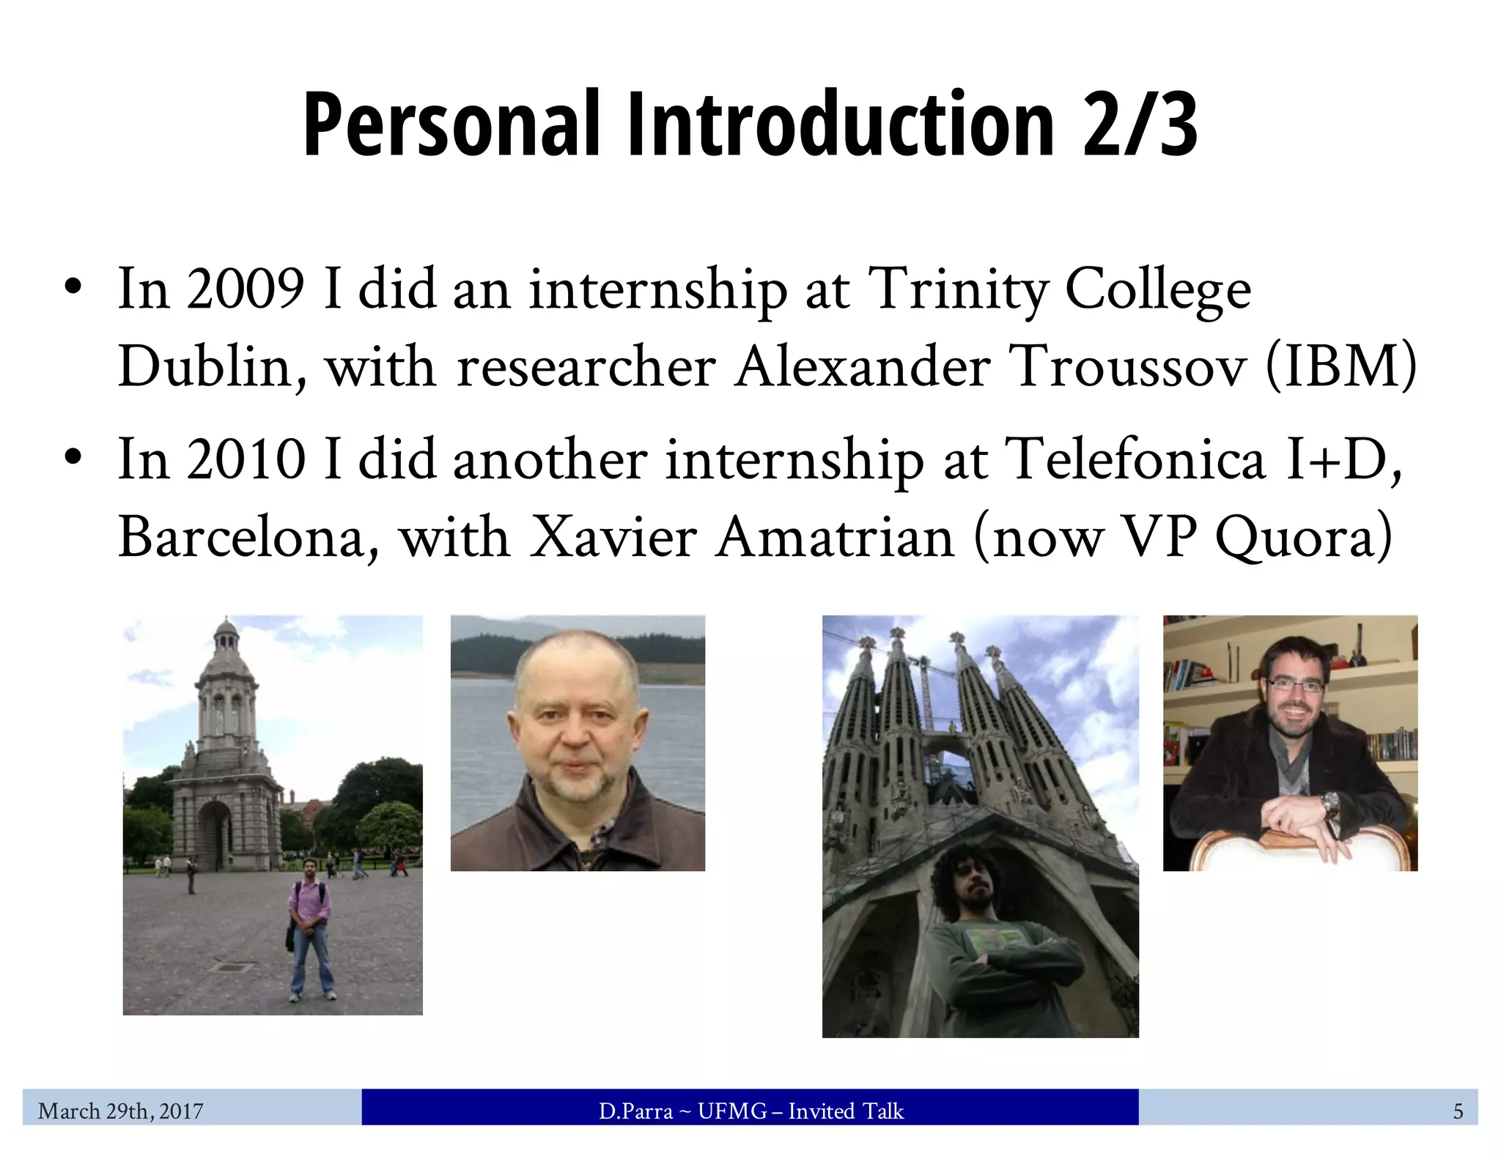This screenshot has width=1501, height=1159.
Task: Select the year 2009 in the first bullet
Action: [245, 289]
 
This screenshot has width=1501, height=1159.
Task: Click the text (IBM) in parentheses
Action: [1340, 366]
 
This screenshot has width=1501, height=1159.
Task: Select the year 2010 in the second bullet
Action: [245, 459]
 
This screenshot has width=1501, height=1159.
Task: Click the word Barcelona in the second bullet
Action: [249, 537]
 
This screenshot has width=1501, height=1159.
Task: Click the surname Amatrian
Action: [836, 537]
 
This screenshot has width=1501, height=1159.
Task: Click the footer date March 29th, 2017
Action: [121, 1111]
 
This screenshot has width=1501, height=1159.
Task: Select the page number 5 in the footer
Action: [1458, 1111]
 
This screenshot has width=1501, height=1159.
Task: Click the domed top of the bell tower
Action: [226, 630]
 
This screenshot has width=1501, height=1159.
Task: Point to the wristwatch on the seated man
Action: [1330, 803]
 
